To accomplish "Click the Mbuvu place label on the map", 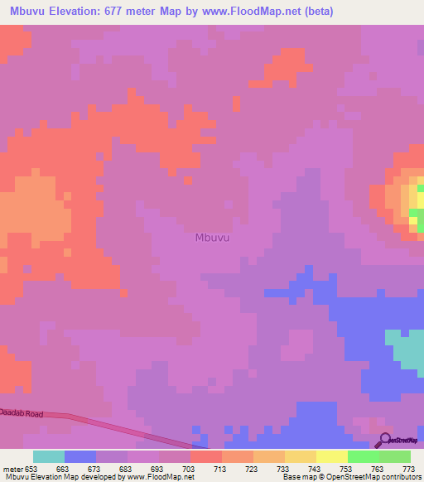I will point(212,238).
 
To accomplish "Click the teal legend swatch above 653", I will point(48,456).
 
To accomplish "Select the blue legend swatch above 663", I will point(79,456).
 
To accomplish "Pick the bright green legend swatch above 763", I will point(363,456).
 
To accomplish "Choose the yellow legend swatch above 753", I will point(331,456).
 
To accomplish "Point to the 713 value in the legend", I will point(219,468).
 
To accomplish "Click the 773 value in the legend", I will point(407,468).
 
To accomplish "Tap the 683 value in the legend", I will point(125,468).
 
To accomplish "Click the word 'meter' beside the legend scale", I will point(14,468).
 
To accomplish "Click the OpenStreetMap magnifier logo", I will point(383,440).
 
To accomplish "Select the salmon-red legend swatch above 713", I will point(205,456).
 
